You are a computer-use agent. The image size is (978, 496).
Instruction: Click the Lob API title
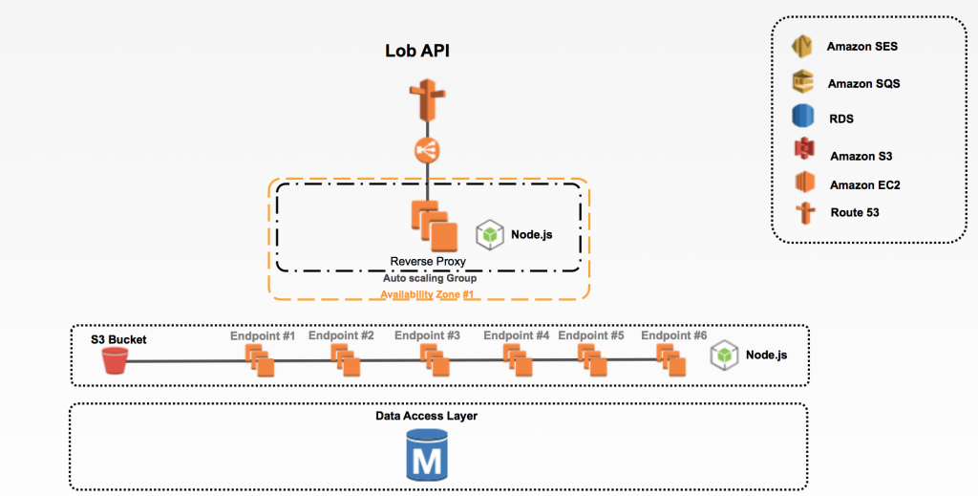pyautogui.click(x=416, y=52)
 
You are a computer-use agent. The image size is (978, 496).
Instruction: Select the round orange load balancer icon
pyautogui.click(x=425, y=150)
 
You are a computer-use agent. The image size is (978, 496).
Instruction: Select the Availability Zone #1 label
pyautogui.click(x=428, y=294)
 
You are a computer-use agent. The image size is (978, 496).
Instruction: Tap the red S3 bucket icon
pyautogui.click(x=115, y=360)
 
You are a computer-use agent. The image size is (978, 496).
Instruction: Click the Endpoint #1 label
pyautogui.click(x=262, y=336)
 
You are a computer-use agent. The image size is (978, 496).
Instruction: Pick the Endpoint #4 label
pyautogui.click(x=516, y=336)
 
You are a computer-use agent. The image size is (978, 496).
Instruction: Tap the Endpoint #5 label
pyautogui.click(x=590, y=336)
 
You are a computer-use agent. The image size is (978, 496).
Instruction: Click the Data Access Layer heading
pyautogui.click(x=426, y=416)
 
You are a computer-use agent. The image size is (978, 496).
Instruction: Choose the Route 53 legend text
pyautogui.click(x=854, y=212)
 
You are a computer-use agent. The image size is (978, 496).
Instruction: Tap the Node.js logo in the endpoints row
pyautogui.click(x=726, y=356)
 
